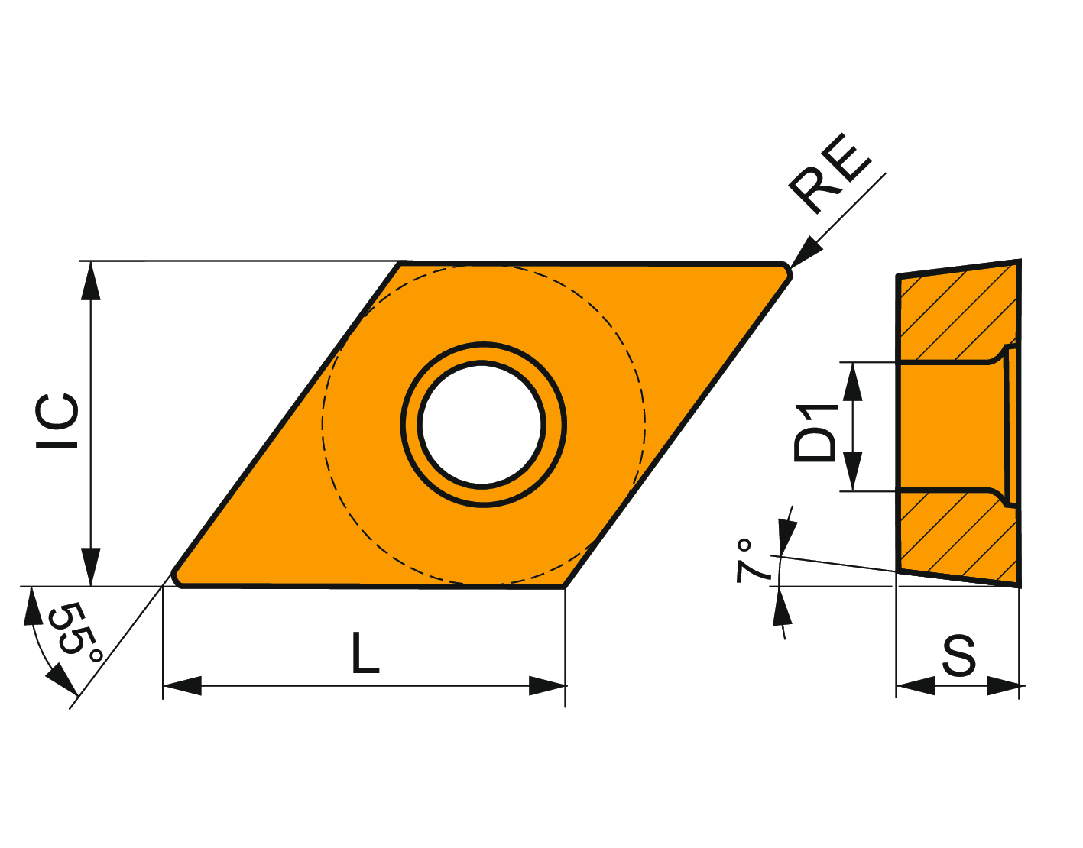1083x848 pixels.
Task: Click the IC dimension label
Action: tap(57, 421)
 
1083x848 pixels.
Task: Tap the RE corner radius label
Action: tap(829, 173)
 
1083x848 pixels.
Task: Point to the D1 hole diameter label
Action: tap(815, 432)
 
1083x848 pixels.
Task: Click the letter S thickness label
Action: tap(959, 655)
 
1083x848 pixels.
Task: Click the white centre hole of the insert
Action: tap(482, 424)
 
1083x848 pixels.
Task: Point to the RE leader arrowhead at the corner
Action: tap(805, 252)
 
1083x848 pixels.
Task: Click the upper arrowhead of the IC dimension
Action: tap(91, 280)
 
